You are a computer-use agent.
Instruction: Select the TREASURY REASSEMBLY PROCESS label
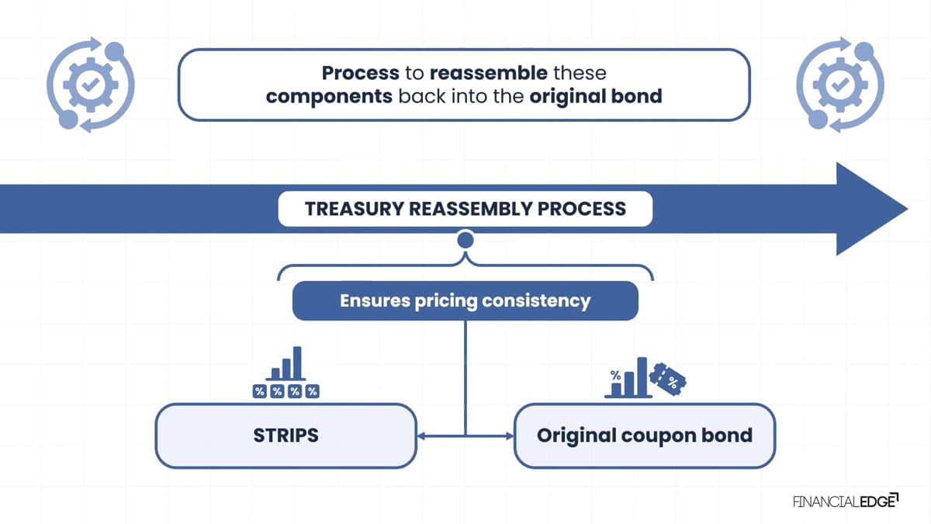[465, 209]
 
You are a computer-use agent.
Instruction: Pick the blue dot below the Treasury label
[465, 240]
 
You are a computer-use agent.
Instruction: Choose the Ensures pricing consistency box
[465, 300]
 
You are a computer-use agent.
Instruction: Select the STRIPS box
[286, 435]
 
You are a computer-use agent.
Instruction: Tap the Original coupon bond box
[644, 435]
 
